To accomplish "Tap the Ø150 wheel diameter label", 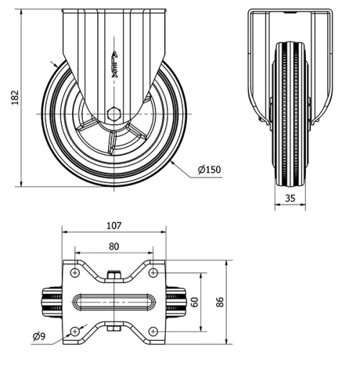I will [x=210, y=170].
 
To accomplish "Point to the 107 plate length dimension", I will [x=113, y=225].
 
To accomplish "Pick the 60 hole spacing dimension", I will [x=193, y=301].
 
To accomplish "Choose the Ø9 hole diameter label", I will [x=40, y=335].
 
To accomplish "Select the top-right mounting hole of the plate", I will [x=153, y=273].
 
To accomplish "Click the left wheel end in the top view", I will [x=51, y=302].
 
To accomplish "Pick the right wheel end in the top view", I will [x=176, y=302].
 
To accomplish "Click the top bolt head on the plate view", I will [x=114, y=274].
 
